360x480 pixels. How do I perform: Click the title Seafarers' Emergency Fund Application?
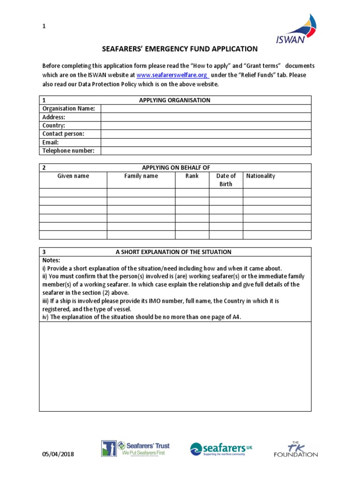pos(180,49)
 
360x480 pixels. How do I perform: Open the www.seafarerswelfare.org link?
pos(172,75)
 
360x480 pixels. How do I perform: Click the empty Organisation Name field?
pos(205,109)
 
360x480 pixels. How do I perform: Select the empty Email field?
pos(205,142)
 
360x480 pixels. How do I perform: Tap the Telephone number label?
pos(68,151)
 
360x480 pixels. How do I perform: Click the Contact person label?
pos(63,134)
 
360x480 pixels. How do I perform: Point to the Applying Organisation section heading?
pos(175,100)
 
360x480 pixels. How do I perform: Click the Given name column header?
pos(73,176)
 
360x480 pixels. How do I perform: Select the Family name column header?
pos(141,176)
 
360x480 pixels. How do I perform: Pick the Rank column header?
pos(192,176)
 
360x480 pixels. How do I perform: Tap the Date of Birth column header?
pos(226,180)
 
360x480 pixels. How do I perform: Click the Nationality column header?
pos(261,176)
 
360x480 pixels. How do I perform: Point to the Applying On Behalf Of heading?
pos(176,168)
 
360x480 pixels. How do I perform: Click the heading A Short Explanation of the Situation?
pos(173,252)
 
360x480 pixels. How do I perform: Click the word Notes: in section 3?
pos(52,260)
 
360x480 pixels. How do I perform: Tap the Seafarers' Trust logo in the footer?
pos(135,449)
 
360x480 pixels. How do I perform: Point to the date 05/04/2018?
pos(58,454)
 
